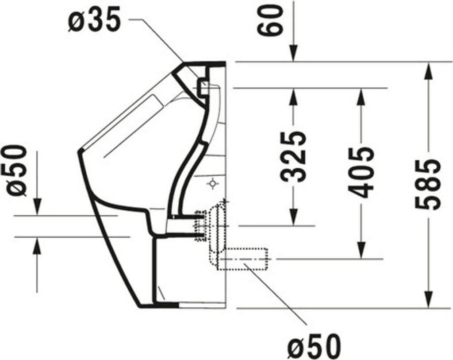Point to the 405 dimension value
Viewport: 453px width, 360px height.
(360, 172)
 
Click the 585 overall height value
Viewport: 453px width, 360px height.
(428, 184)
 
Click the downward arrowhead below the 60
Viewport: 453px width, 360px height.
(294, 53)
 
